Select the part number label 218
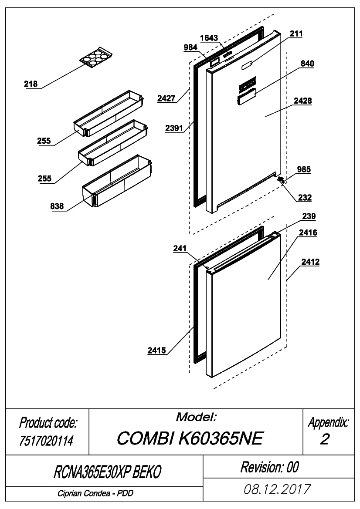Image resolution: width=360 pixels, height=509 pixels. (31, 84)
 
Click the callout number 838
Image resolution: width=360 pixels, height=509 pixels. (57, 206)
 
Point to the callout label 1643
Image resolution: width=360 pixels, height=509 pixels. (209, 38)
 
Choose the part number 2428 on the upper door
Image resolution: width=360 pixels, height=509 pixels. (303, 101)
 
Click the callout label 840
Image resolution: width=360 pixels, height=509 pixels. (307, 64)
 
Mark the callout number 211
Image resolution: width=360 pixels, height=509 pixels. (296, 34)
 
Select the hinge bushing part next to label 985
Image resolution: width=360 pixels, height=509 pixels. (281, 179)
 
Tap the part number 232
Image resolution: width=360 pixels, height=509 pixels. (305, 197)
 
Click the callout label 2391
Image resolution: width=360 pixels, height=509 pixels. (174, 128)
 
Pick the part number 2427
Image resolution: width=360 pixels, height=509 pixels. (166, 98)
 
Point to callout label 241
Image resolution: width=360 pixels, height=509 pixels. (180, 249)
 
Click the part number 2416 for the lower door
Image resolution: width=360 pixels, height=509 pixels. (308, 233)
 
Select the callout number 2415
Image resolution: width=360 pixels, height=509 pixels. (156, 351)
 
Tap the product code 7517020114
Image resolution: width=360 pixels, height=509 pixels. (47, 441)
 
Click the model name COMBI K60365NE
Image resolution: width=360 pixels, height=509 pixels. (190, 438)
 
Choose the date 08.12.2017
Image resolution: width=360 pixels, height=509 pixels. (277, 489)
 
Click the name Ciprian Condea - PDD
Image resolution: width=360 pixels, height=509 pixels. (95, 493)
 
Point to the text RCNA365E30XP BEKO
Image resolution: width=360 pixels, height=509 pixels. (108, 472)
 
